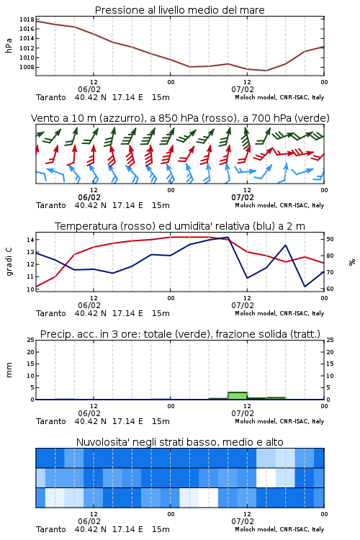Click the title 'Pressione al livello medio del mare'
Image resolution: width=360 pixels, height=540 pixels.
[179, 10]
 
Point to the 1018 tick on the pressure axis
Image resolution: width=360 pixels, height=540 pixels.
[27, 19]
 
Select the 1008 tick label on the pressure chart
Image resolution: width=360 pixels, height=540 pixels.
[27, 67]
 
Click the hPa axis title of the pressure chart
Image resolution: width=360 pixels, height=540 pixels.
[9, 45]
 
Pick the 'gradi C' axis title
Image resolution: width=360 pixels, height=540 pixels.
[9, 262]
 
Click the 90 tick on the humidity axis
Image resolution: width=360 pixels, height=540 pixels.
[330, 239]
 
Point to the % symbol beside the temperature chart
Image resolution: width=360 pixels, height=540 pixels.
[352, 262]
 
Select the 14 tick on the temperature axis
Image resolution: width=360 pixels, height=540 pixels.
[30, 240]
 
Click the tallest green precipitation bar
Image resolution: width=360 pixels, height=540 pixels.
[238, 395]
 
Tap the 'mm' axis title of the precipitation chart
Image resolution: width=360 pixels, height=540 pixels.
[9, 370]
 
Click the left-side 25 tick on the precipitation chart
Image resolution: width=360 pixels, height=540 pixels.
[30, 340]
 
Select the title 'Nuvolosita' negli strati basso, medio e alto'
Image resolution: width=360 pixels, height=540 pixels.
[179, 442]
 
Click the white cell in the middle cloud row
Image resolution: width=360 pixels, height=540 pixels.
[266, 477]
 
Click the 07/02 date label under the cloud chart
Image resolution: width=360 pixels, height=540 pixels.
[243, 521]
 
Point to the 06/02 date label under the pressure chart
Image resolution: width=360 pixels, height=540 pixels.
[89, 89]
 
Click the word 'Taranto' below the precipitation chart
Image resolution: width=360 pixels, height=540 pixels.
[51, 421]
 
